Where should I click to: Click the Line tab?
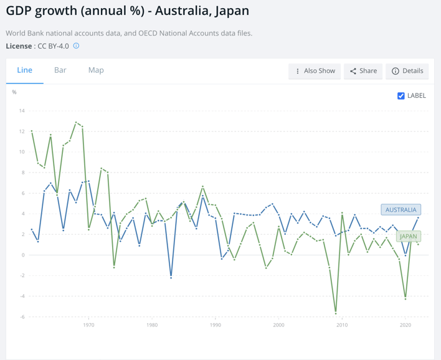(x=24, y=70)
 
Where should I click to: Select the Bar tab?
(x=60, y=70)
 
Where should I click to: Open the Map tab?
(x=96, y=70)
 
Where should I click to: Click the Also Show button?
(x=315, y=71)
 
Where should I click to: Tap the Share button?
(x=363, y=71)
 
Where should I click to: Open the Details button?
(x=407, y=71)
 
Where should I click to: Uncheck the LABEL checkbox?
(x=401, y=95)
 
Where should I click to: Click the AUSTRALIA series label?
(x=401, y=210)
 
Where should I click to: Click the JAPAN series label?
(x=408, y=237)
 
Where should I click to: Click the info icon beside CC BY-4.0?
(x=77, y=46)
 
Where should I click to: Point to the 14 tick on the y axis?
(x=22, y=111)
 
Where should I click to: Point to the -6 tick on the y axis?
(x=22, y=316)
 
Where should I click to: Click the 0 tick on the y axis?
(x=23, y=255)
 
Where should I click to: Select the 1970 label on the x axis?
(x=88, y=325)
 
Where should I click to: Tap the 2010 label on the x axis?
(x=342, y=325)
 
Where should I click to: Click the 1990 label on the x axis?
(x=216, y=325)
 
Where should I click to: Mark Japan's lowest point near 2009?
(x=336, y=313)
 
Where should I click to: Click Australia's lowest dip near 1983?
(x=171, y=277)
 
